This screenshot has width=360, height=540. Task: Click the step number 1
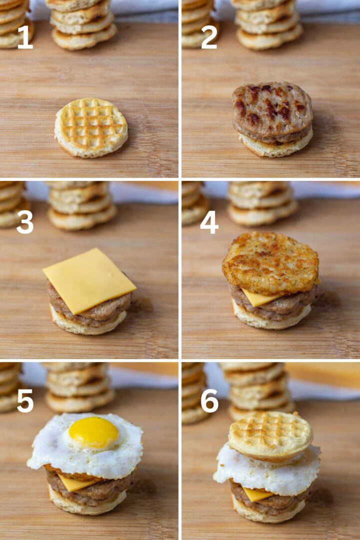(x=25, y=37)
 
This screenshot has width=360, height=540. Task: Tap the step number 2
(x=209, y=37)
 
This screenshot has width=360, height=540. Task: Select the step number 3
(x=25, y=222)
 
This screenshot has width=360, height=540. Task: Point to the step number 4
(x=209, y=222)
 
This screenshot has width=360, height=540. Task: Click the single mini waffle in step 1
(x=91, y=127)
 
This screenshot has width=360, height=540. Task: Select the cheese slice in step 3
(x=89, y=280)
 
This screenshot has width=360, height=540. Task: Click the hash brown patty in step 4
(x=270, y=262)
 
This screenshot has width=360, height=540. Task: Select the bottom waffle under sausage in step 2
(x=275, y=147)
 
